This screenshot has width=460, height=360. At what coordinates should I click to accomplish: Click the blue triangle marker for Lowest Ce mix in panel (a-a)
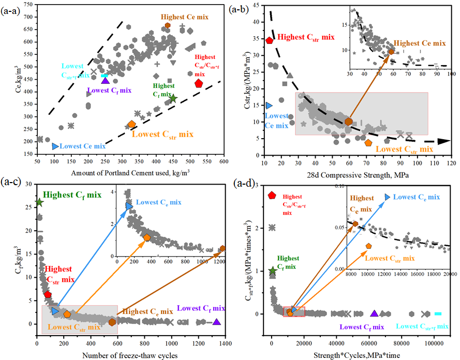coord(55,146)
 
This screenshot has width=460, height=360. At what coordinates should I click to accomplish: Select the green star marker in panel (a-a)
coord(173,98)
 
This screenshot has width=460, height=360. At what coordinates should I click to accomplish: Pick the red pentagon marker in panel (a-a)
coord(199,83)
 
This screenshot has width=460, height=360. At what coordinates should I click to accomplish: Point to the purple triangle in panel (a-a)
coord(105,80)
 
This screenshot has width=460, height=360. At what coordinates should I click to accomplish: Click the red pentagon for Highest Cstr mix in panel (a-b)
coord(269,40)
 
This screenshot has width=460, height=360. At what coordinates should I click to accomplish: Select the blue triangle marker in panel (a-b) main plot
coord(269,106)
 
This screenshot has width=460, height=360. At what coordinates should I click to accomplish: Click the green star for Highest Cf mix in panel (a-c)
coord(39,202)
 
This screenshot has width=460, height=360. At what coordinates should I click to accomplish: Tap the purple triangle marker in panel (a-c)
coord(217,322)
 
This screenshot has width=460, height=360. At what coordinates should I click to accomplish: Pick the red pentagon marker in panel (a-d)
coord(272,195)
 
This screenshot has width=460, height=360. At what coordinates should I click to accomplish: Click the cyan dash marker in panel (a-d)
coord(438,313)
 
